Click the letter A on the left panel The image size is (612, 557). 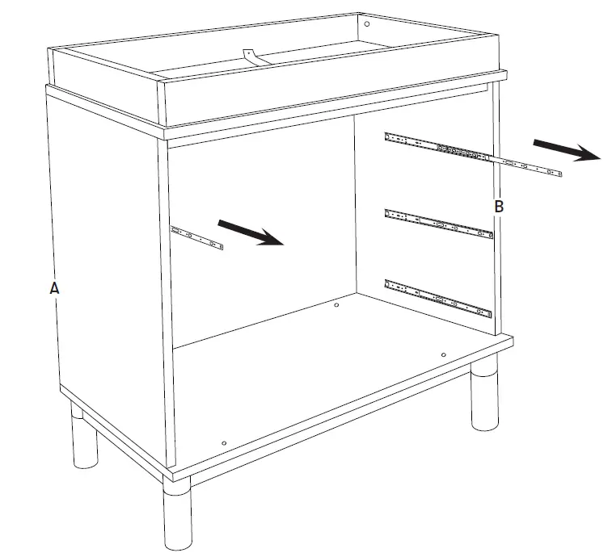(54, 287)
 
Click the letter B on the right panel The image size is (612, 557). (499, 207)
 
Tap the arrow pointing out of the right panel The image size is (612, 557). (566, 149)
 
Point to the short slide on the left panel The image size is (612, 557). (196, 238)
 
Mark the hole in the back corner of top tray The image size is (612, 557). (366, 25)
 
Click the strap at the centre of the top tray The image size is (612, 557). (251, 57)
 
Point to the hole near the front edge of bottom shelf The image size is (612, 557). (224, 442)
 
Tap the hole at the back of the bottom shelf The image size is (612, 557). (336, 305)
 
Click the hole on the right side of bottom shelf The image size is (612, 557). (444, 354)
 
